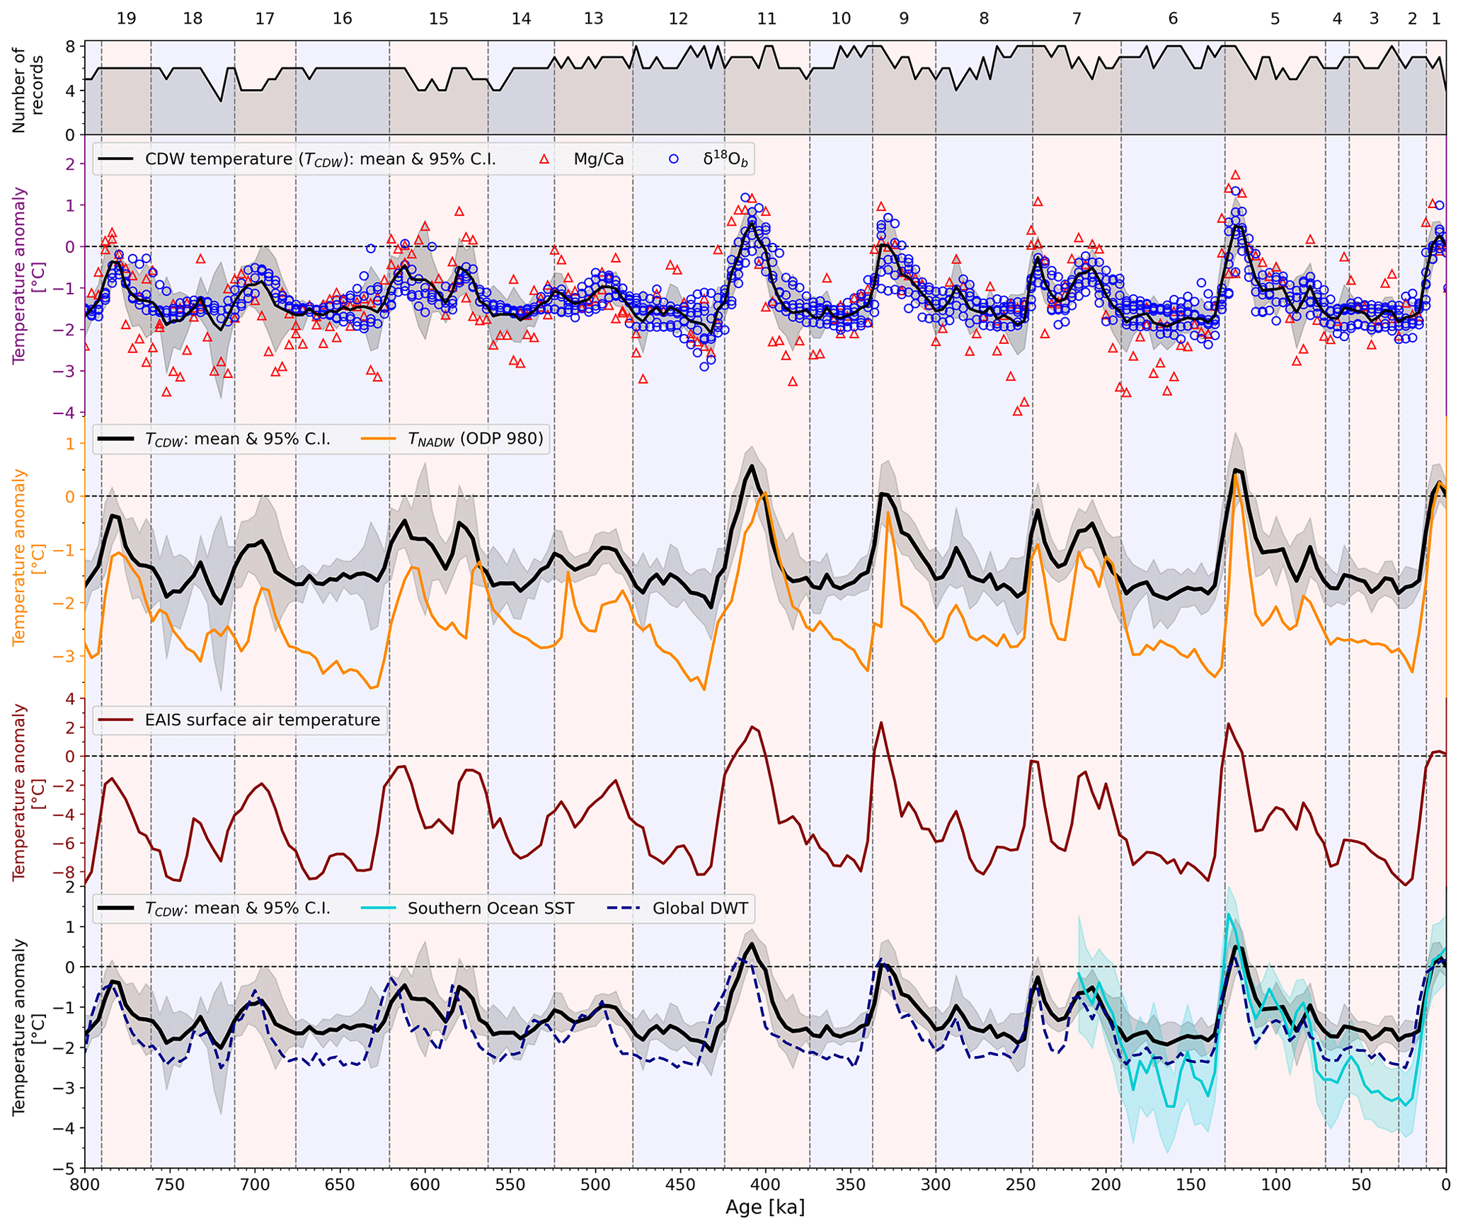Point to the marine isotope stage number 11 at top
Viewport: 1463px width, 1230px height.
coord(767,18)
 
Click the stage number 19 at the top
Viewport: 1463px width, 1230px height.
coord(126,18)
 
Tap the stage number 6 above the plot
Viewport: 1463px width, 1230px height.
coord(1173,18)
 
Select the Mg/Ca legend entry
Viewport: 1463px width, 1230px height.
coord(598,159)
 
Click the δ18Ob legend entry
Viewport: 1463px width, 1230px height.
coord(725,159)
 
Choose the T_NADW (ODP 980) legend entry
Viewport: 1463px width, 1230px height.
coord(476,439)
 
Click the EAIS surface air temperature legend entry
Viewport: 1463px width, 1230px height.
coord(262,720)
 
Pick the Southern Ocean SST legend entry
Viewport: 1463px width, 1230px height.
coord(490,908)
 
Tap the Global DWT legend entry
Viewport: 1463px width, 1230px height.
coord(700,908)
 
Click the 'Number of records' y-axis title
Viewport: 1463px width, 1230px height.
coord(28,89)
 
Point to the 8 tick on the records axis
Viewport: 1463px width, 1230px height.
coord(70,47)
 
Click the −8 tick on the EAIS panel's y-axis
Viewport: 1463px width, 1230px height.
coord(65,872)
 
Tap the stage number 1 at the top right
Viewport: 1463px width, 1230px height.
coord(1436,18)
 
